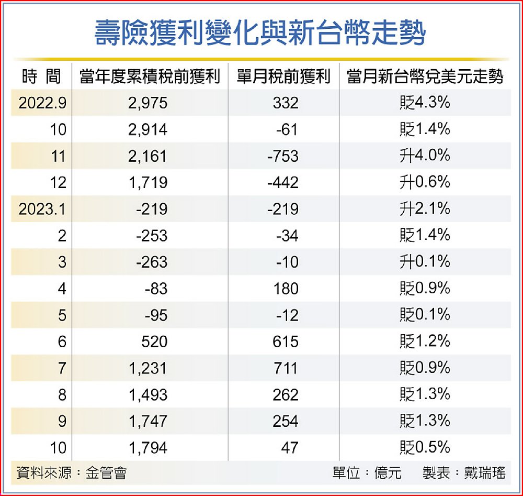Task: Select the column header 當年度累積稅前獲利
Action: pyautogui.click(x=150, y=77)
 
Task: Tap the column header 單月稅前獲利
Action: pyautogui.click(x=283, y=77)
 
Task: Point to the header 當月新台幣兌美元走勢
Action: pyautogui.click(x=425, y=77)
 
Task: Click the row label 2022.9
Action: pyautogui.click(x=42, y=103)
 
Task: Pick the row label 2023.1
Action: pyautogui.click(x=42, y=209)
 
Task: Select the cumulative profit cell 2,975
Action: pyautogui.click(x=147, y=103)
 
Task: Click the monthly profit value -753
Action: pyautogui.click(x=282, y=156)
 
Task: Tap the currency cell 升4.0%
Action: pyautogui.click(x=424, y=156)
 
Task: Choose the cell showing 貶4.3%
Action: pyautogui.click(x=424, y=103)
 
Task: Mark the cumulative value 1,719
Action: pyautogui.click(x=147, y=182)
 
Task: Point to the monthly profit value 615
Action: pyautogui.click(x=286, y=341)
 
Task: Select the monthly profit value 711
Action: pyautogui.click(x=286, y=368)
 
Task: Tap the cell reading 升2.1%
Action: pyautogui.click(x=424, y=209)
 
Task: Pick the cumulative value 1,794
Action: pyautogui.click(x=147, y=448)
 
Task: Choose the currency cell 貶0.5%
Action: pyautogui.click(x=424, y=447)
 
